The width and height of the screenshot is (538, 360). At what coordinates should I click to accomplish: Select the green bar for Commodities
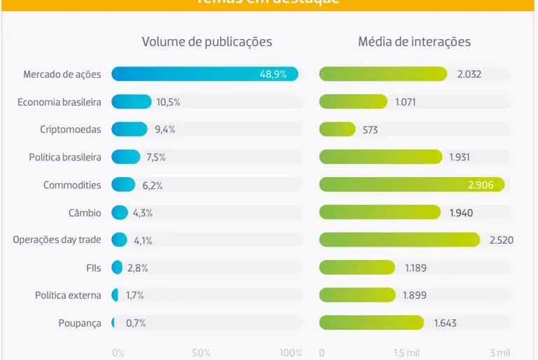(412, 185)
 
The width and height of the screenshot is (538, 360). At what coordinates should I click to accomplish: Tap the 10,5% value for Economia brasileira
(168, 102)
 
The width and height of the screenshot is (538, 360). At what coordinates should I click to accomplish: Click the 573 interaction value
(371, 130)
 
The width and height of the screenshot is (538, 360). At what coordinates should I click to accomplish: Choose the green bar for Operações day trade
(399, 240)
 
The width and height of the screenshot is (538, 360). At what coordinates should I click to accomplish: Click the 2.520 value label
(502, 240)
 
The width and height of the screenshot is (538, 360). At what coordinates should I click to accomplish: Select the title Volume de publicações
(207, 42)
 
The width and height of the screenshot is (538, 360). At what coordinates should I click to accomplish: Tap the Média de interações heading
(414, 42)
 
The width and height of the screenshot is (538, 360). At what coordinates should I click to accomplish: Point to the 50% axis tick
(201, 353)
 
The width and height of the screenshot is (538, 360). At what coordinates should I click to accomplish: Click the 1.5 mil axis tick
(407, 353)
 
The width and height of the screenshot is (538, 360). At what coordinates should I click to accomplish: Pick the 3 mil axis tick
(499, 353)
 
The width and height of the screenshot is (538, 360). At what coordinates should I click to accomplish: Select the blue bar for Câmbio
(120, 212)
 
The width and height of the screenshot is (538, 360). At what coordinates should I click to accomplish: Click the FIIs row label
(93, 268)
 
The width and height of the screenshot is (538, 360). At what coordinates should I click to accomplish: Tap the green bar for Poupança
(371, 323)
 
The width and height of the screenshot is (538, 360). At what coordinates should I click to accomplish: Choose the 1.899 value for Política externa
(415, 296)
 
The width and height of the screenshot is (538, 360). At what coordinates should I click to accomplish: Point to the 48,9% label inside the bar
(273, 74)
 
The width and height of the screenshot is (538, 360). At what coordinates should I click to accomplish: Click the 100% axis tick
(290, 353)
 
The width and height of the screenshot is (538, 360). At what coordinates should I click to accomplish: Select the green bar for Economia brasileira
(353, 102)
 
